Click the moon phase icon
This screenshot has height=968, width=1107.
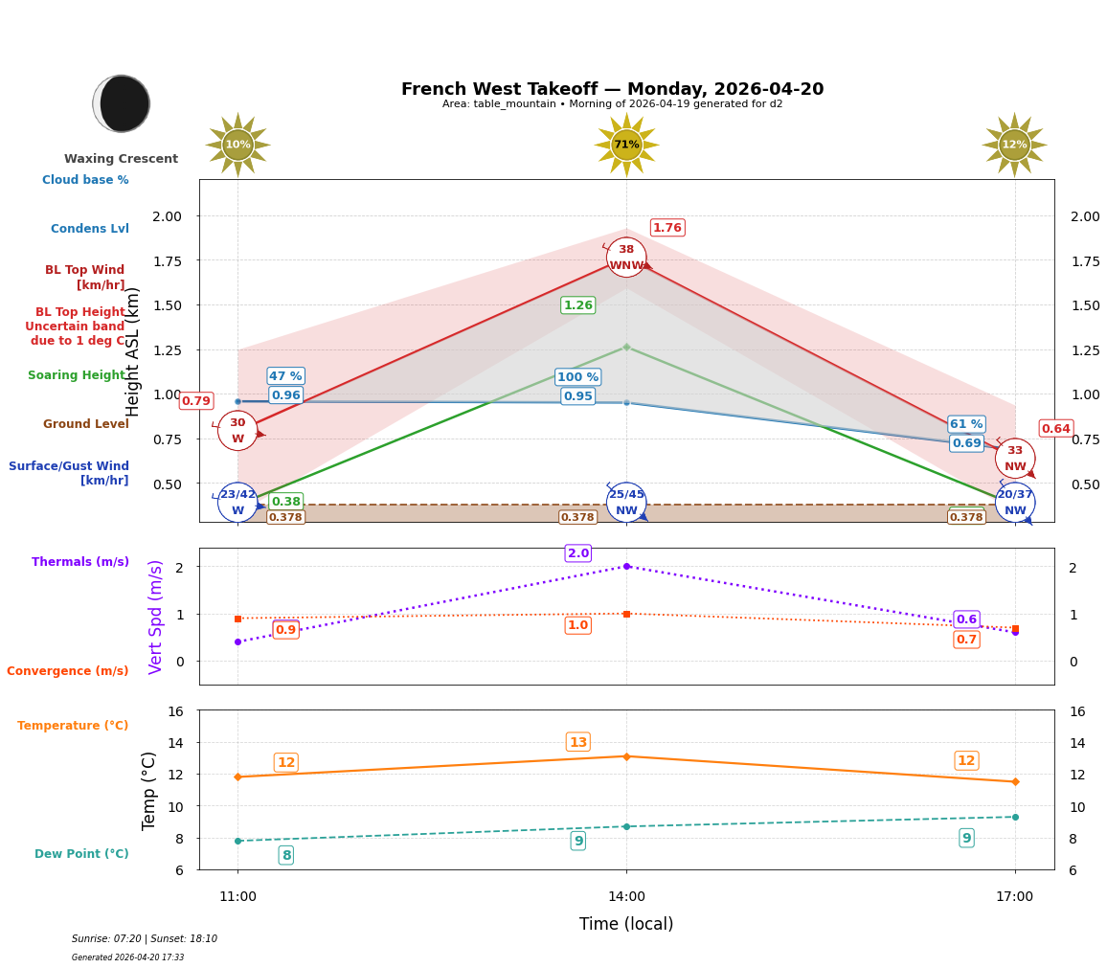point(122,103)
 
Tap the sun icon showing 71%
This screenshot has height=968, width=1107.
point(626,145)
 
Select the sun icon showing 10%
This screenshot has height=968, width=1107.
point(237,145)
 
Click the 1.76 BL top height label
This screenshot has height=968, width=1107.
point(667,228)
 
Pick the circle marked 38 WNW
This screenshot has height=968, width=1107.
point(626,258)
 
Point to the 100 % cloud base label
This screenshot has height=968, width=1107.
point(577,377)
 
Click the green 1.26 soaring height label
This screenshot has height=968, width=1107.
point(577,305)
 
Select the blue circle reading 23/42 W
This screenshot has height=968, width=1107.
point(237,502)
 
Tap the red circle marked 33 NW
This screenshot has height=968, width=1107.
point(1014,459)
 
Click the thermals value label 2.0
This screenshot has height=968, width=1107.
point(577,553)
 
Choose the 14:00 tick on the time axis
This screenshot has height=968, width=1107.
point(626,897)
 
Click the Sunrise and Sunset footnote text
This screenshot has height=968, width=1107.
point(145,939)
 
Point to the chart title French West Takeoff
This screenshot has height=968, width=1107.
point(612,89)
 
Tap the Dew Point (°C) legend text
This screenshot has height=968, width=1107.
point(81,854)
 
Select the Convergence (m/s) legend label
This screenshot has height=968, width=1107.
point(68,671)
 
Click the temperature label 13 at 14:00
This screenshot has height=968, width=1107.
point(577,742)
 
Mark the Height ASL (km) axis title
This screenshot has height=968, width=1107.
point(134,351)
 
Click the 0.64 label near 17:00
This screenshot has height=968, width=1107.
point(1055,429)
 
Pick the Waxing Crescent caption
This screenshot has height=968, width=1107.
point(121,159)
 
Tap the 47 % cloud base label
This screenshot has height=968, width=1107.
point(285,376)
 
